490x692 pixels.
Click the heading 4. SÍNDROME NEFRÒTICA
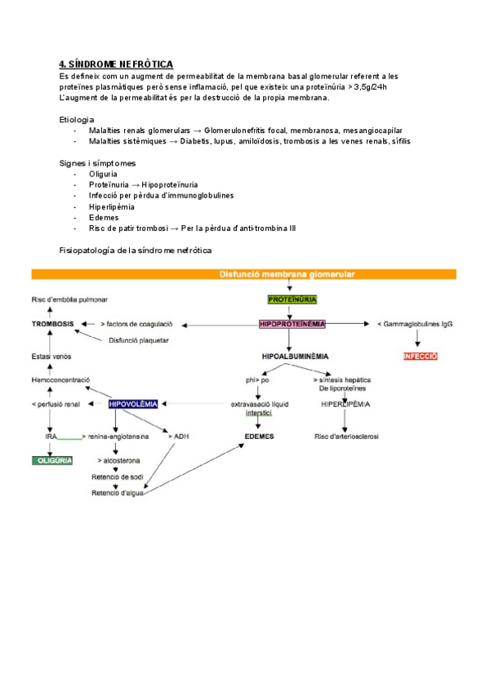point(116,64)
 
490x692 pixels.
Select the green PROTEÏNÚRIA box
point(292,299)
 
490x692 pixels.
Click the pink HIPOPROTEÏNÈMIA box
point(292,324)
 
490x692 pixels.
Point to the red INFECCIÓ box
point(421,357)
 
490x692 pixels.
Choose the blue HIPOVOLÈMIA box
point(133,403)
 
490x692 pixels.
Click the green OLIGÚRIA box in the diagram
point(52,460)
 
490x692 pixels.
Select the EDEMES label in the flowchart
point(259,437)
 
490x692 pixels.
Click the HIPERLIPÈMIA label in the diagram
point(345,404)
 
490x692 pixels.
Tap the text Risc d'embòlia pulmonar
point(69,300)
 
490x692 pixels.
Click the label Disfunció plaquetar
point(136,340)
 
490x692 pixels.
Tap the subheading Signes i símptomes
point(98,163)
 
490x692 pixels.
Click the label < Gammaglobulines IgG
point(415,324)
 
